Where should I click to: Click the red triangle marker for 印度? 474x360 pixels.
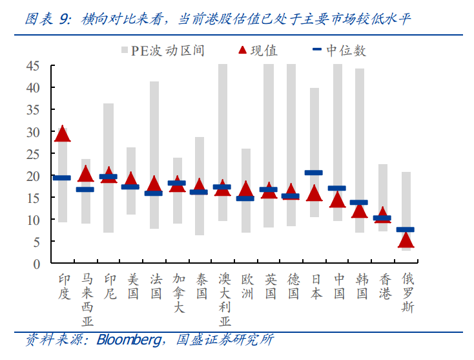[x=63, y=134]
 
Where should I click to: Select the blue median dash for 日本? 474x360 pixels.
[x=313, y=173]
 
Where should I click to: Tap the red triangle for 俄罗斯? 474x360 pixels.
[x=406, y=240]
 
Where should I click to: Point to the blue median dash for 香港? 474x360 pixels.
[x=382, y=218]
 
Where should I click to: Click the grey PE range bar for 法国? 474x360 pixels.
[x=154, y=155]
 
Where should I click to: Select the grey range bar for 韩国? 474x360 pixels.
[x=360, y=151]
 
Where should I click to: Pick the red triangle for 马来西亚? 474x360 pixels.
[x=85, y=174]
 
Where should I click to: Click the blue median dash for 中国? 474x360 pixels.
[x=336, y=188]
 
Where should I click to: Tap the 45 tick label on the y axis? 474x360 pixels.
[x=33, y=66]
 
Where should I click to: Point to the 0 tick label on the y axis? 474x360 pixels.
[x=37, y=264]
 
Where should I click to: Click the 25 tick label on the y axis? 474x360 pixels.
[x=33, y=154]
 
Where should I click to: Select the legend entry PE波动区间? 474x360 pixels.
[x=163, y=50]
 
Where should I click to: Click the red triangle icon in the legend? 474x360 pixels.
[x=242, y=50]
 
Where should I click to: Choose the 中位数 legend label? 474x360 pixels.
[x=346, y=50]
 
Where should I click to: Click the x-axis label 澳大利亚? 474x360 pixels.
[x=225, y=300]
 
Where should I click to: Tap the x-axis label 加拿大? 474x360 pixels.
[x=179, y=293]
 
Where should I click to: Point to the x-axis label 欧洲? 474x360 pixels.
[x=247, y=286]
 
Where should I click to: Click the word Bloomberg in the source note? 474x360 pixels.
[x=129, y=340]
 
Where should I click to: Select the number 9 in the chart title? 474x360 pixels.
[x=64, y=19]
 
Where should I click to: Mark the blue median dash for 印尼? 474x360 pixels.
[x=108, y=176]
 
